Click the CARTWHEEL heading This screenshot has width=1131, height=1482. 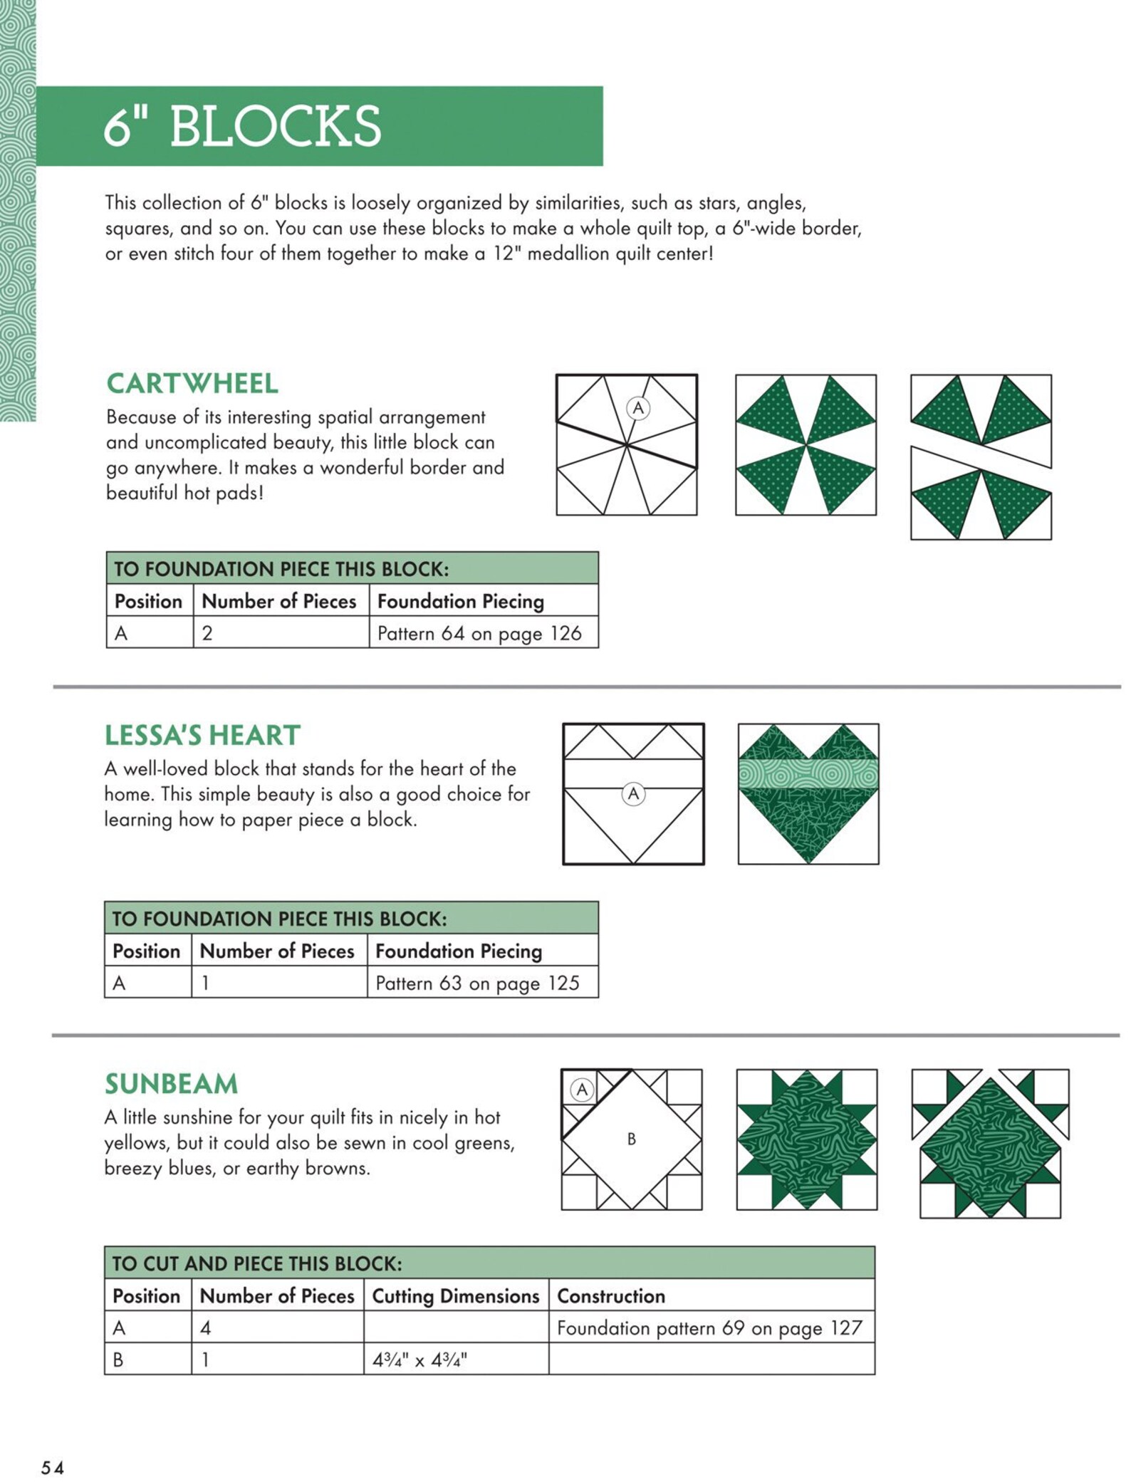[x=192, y=383]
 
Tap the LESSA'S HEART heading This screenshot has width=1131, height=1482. [x=202, y=735]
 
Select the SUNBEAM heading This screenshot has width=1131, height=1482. [x=171, y=1083]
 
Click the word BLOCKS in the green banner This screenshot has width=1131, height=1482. [x=275, y=127]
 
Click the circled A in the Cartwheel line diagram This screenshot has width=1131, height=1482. [x=637, y=408]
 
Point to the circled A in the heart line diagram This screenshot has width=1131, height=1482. [x=632, y=793]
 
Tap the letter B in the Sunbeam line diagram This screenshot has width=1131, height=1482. [x=631, y=1139]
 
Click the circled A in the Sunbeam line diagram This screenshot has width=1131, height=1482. [x=582, y=1089]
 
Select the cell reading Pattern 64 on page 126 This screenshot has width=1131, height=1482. [x=479, y=633]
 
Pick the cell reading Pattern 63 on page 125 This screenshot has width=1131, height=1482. [x=477, y=983]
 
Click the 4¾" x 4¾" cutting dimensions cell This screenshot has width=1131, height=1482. [x=419, y=1360]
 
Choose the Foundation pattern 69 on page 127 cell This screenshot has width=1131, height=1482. [x=709, y=1327]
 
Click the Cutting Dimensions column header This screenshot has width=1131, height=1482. [x=455, y=1295]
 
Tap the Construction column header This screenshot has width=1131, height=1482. [x=610, y=1295]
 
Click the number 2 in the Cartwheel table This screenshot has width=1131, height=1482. [x=207, y=633]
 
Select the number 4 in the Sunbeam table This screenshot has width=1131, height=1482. [x=205, y=1327]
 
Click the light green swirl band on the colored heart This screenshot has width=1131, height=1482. [x=808, y=773]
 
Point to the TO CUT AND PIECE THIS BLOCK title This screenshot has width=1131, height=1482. [x=257, y=1263]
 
